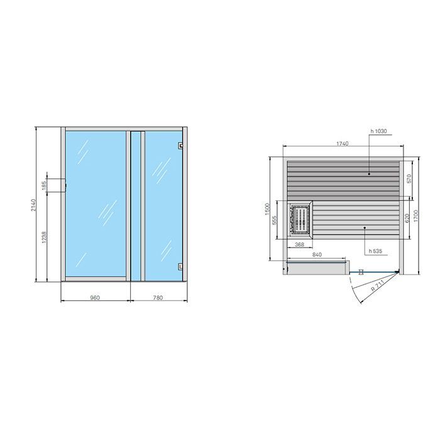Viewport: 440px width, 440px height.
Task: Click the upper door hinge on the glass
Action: [x=180, y=146]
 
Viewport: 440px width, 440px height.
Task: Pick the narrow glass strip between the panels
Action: [x=135, y=206]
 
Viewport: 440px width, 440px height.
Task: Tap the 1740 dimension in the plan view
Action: [x=343, y=144]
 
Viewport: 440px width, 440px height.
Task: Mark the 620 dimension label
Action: [x=409, y=217]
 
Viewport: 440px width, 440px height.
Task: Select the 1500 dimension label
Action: [x=267, y=208]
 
